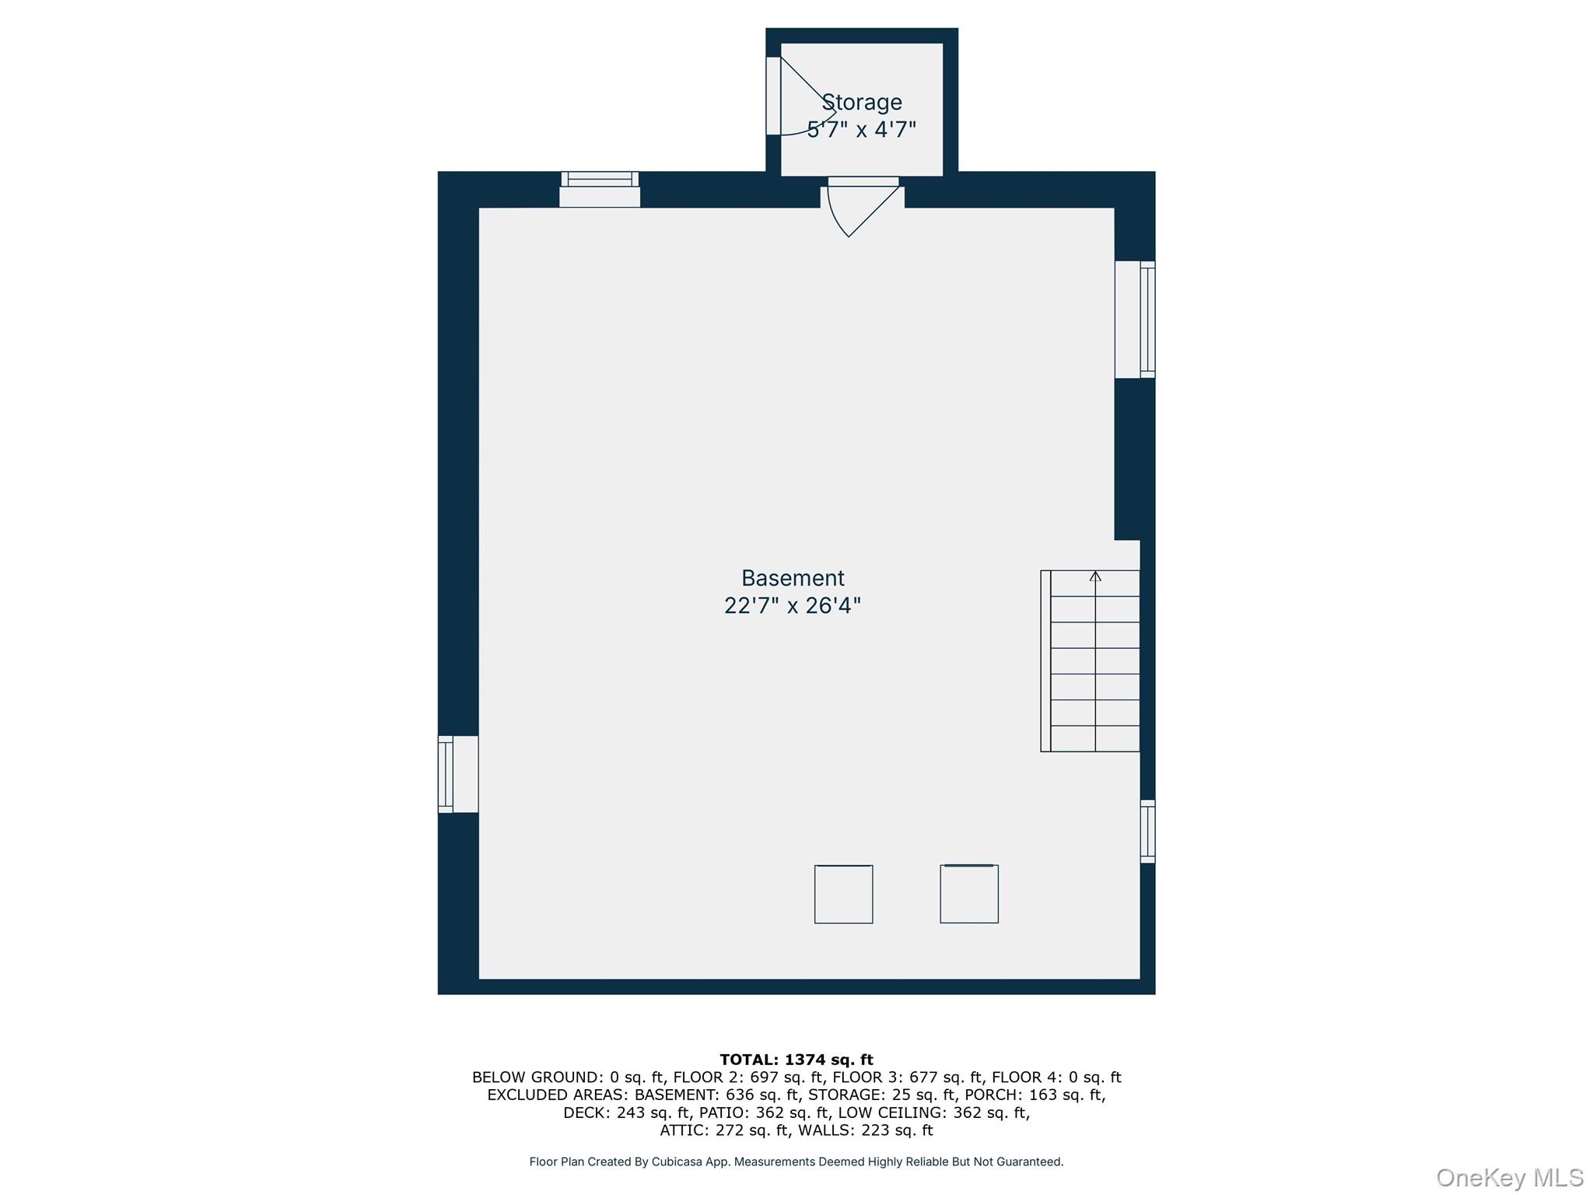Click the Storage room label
862,102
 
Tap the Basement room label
793,578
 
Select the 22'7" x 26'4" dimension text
793,605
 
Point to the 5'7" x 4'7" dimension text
862,129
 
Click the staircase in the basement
1091,661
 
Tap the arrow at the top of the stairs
1095,576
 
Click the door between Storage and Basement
863,207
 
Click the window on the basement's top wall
600,189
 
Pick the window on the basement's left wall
458,774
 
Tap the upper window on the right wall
1135,319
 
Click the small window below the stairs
1148,831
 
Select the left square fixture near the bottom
844,894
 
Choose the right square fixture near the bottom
969,894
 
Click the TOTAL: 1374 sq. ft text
796,1060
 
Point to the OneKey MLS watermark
1510,1178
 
